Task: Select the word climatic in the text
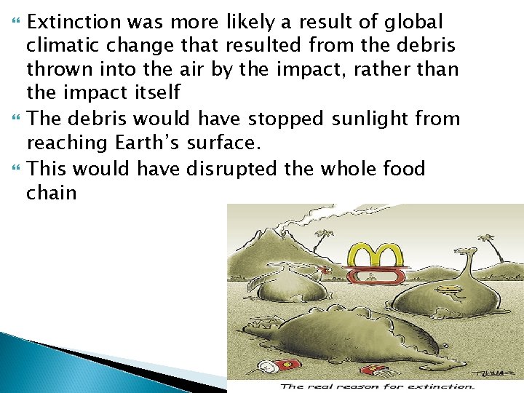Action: click(x=60, y=46)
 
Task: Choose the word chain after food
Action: click(x=51, y=192)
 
